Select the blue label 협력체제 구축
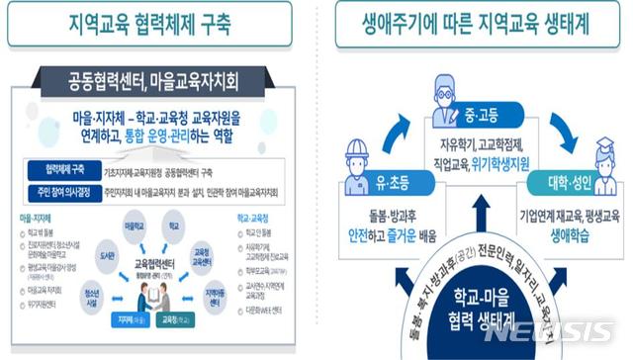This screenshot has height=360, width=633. coord(63,168)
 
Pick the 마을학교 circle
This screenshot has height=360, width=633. coord(136,229)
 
